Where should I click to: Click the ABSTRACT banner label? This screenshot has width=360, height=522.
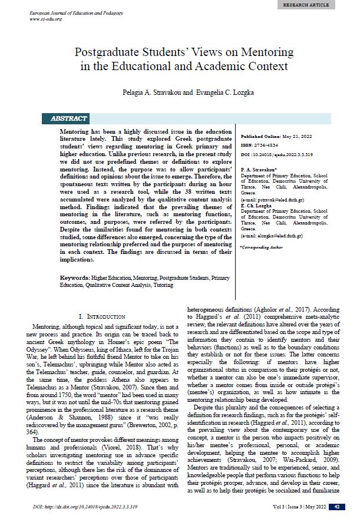pyautogui.click(x=69, y=118)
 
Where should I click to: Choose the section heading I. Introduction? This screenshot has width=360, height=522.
pyautogui.click(x=101, y=316)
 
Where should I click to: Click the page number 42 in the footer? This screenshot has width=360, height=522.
pyautogui.click(x=336, y=507)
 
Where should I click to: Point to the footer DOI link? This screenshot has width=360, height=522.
pyautogui.click(x=89, y=507)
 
